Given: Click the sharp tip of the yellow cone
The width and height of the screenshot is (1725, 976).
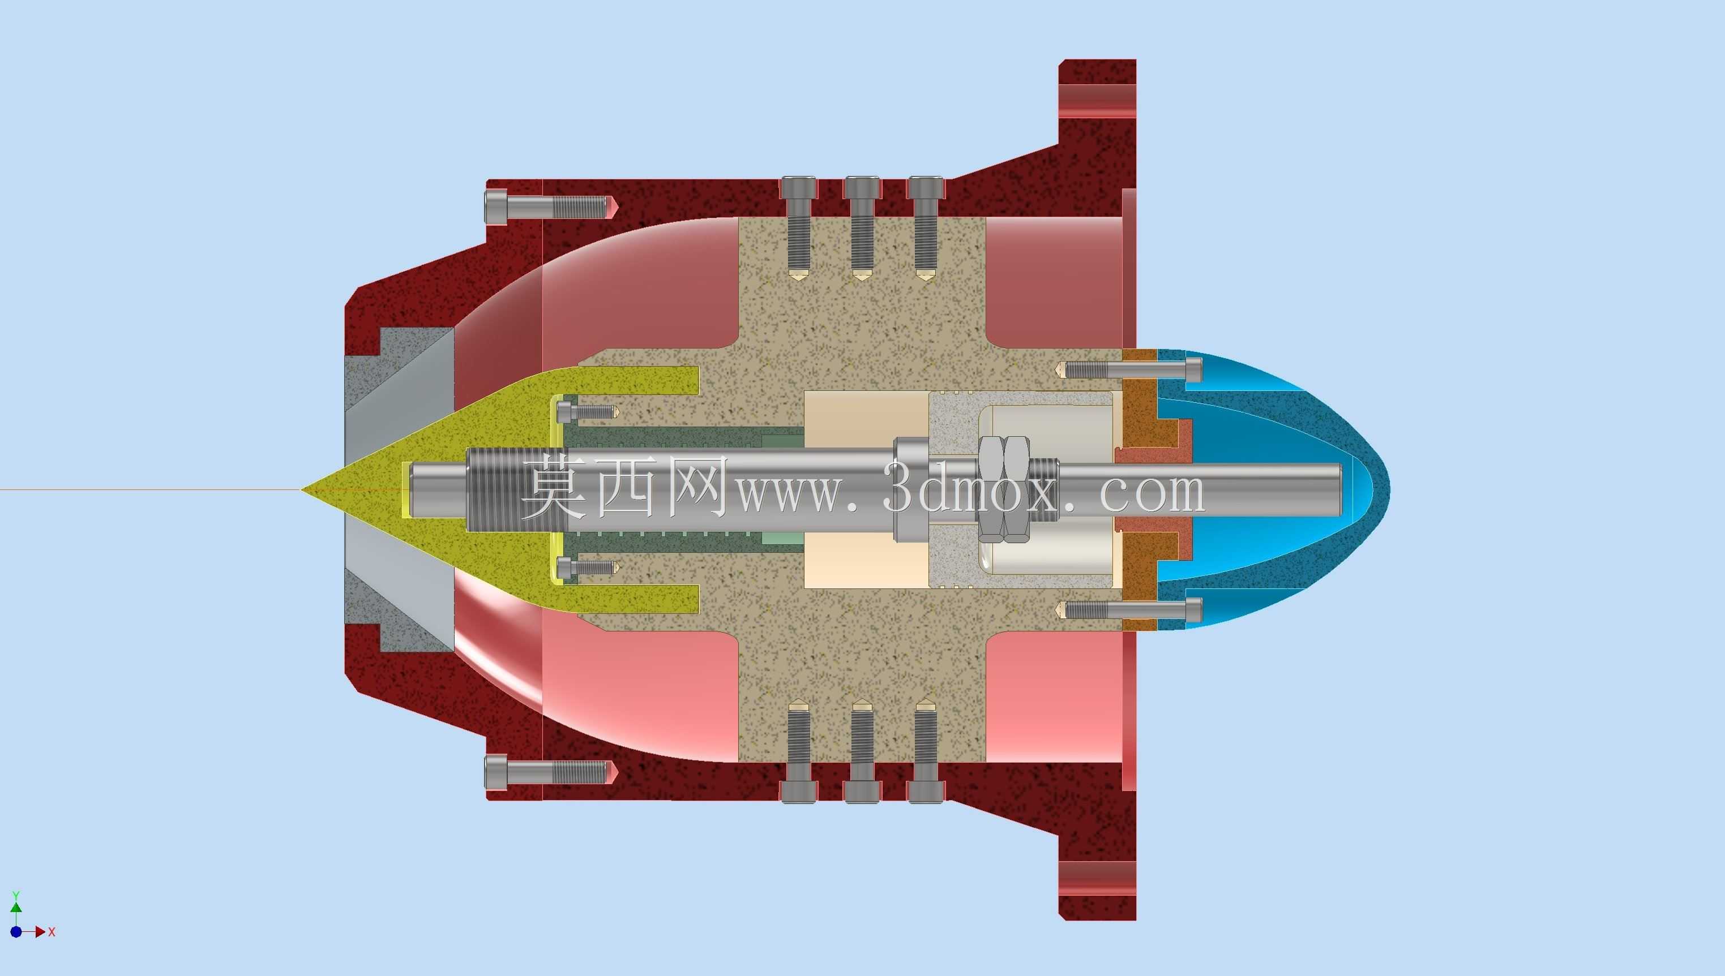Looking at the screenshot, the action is tap(301, 489).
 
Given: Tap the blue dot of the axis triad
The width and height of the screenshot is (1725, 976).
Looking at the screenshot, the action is tap(16, 932).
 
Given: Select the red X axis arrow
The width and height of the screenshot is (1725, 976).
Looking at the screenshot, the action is tap(37, 932).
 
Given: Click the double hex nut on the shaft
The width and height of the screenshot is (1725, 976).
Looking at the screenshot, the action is tap(1004, 489).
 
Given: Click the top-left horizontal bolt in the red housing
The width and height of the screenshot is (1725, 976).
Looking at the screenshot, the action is tap(549, 207).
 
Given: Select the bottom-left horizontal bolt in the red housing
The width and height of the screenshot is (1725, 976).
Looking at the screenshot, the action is tap(549, 772).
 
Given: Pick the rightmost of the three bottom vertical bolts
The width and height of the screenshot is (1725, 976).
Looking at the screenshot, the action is tap(926, 751).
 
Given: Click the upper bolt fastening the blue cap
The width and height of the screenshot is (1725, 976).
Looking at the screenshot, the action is tap(1129, 369).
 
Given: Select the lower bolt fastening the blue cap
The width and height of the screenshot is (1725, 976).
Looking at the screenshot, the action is tap(1129, 609).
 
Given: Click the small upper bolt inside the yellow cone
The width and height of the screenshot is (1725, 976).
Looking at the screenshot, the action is tap(588, 411).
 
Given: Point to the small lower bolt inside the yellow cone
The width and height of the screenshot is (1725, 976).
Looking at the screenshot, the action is tap(588, 567).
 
